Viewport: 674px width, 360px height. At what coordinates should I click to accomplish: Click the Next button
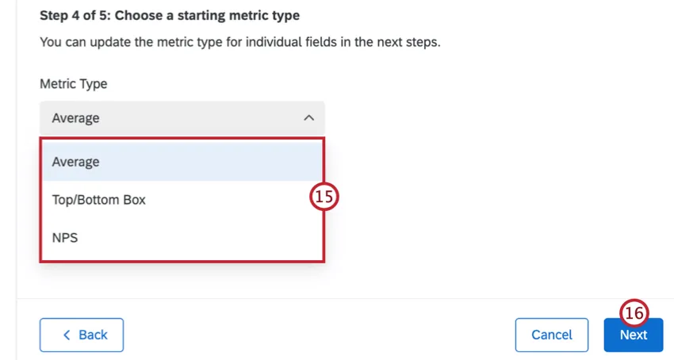click(x=633, y=335)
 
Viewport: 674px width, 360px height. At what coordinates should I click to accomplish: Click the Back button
click(x=82, y=335)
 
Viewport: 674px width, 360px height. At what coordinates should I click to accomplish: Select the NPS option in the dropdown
click(x=65, y=237)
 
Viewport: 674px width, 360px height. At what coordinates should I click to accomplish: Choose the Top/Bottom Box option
click(x=99, y=200)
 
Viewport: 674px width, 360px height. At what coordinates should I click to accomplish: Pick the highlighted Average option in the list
click(x=76, y=162)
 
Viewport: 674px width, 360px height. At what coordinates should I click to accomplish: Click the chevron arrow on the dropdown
click(x=308, y=118)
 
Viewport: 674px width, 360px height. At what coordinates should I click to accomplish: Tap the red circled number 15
click(x=324, y=197)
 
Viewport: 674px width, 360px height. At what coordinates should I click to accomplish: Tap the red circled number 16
click(x=634, y=314)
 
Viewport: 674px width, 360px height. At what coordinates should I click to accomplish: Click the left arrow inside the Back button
click(x=67, y=335)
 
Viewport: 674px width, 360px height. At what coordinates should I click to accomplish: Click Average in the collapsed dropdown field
click(x=76, y=118)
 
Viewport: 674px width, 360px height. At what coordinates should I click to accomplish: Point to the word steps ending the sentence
click(x=421, y=41)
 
